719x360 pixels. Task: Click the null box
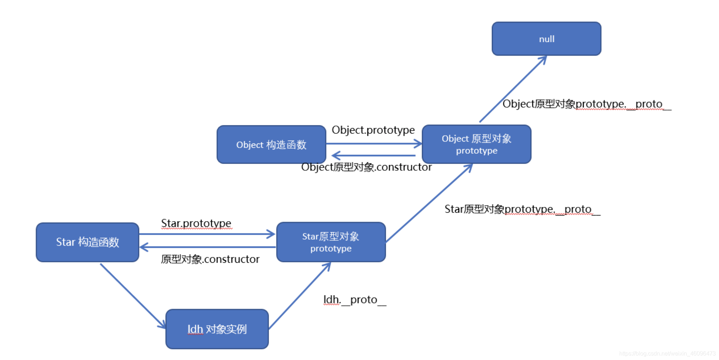click(546, 39)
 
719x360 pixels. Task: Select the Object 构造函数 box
click(271, 144)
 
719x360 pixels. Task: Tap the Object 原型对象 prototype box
click(476, 144)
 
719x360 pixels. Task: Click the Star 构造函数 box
click(87, 242)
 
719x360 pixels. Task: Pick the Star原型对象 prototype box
click(331, 242)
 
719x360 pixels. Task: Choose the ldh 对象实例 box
click(217, 329)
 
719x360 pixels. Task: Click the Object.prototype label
click(373, 130)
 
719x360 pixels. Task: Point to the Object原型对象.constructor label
click(366, 167)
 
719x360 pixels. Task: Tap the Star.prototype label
click(196, 223)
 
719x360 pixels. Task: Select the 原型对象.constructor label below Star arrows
click(210, 259)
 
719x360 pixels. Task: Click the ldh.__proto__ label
click(354, 300)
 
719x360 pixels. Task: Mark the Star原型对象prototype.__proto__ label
click(522, 209)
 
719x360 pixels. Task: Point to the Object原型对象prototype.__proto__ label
click(587, 104)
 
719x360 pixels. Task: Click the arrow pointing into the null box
click(513, 89)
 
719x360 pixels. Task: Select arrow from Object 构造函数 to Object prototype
click(373, 144)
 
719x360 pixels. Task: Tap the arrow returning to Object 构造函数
click(373, 156)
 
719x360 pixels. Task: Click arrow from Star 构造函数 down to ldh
click(133, 295)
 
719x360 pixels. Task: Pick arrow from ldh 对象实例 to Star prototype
click(300, 296)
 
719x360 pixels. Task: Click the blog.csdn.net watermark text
click(667, 354)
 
